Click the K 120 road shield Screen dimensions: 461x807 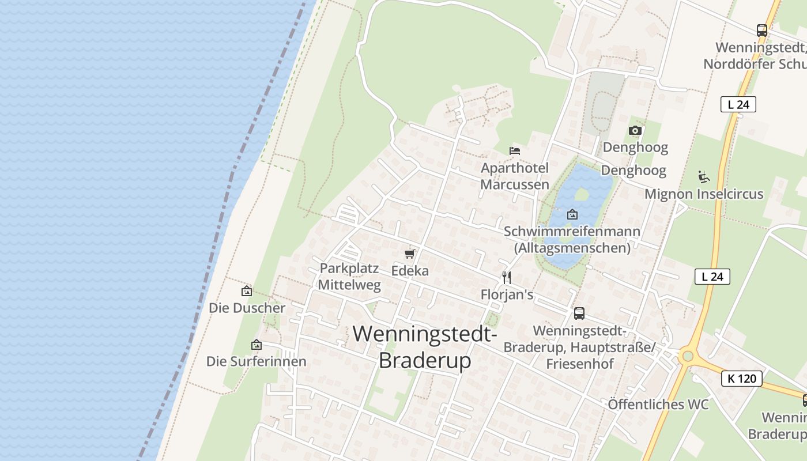coord(741,379)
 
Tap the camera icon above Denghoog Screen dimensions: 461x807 coord(635,131)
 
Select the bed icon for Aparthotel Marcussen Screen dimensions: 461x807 coord(515,151)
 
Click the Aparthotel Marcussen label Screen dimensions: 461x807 coord(515,176)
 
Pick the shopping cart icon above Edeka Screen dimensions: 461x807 coord(410,254)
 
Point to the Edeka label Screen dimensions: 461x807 coord(410,271)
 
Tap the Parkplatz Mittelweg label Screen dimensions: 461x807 coord(349,277)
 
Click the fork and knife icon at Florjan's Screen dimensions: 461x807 coord(507,278)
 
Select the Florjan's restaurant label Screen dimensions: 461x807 coord(507,295)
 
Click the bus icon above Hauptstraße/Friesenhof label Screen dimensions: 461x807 coord(579,313)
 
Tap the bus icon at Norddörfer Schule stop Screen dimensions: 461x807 coord(762,31)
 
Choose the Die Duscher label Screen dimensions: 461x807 coord(247,308)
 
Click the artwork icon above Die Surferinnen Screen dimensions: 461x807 coord(257,345)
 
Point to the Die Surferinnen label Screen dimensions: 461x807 coord(257,362)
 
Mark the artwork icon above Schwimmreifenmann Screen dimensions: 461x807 coord(572,214)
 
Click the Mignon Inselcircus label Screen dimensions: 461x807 coord(704,194)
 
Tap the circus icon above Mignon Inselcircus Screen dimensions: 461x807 coord(704,177)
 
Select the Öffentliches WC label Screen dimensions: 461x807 coord(658,405)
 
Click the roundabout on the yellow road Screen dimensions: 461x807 coord(687,356)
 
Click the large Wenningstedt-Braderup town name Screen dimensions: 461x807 coord(425,347)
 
